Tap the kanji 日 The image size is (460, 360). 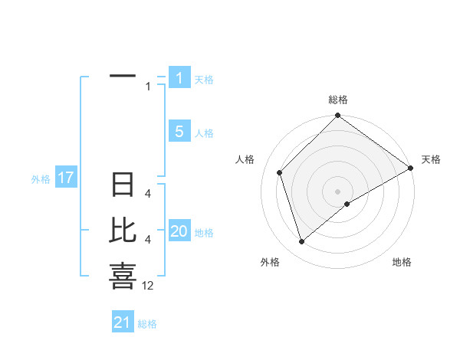(x=123, y=185)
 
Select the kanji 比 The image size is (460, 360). (x=123, y=231)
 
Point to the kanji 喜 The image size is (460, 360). (x=123, y=276)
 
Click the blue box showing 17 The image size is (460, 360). (x=66, y=178)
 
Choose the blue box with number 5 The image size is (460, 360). (x=179, y=132)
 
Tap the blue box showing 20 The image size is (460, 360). (x=179, y=231)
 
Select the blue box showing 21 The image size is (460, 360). (x=122, y=322)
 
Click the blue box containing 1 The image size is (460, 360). (x=179, y=77)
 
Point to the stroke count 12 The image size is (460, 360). (x=148, y=286)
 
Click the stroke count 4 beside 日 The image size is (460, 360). (x=148, y=194)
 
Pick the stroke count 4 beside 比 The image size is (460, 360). (x=148, y=240)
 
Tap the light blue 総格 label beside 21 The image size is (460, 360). (x=147, y=324)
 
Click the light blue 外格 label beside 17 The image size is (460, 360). (x=41, y=179)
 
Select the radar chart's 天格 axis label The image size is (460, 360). (x=431, y=159)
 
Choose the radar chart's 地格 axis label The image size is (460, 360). (x=402, y=263)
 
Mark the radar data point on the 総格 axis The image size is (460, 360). (x=337, y=116)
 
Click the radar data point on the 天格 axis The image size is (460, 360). (x=411, y=169)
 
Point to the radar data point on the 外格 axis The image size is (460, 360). (x=302, y=242)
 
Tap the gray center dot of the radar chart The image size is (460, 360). (x=337, y=191)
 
